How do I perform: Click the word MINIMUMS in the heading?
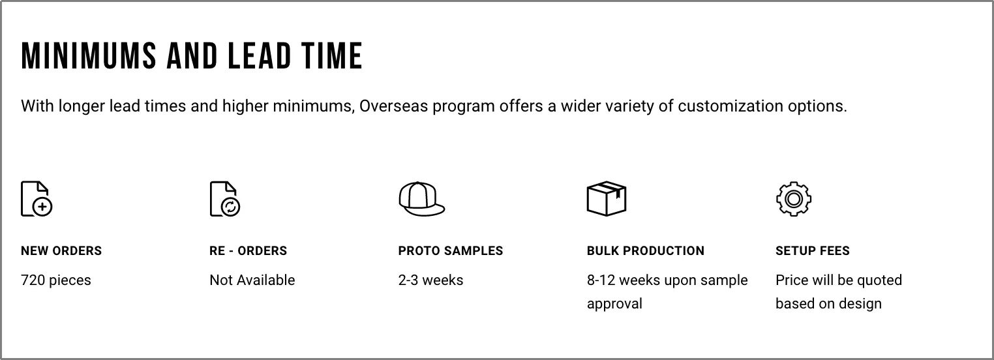pos(89,56)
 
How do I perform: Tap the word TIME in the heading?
pos(332,56)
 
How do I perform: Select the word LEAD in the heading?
pos(260,56)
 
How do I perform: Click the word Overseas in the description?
pos(393,106)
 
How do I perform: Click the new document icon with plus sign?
pos(37,199)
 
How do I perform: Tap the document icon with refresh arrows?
pos(225,199)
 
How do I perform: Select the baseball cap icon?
pos(421,199)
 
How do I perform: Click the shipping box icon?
pos(607,199)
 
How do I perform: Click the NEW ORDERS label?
pos(61,251)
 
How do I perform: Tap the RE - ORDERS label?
pos(248,251)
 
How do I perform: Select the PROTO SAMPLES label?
pos(451,251)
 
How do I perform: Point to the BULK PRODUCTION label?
pos(646,251)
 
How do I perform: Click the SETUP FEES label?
pos(813,251)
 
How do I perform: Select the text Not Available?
pos(252,280)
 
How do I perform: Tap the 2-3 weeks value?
pos(430,280)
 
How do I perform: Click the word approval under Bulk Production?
pos(614,304)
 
